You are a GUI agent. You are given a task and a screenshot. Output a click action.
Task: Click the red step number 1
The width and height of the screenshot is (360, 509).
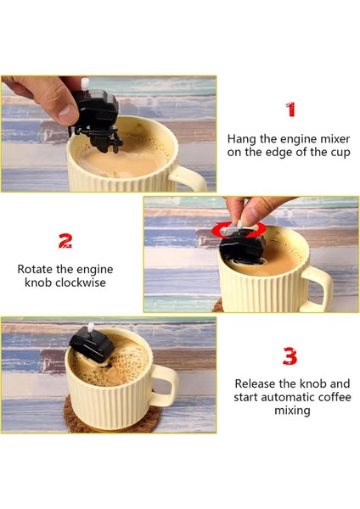291,109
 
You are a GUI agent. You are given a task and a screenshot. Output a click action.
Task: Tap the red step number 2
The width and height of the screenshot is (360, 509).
65,241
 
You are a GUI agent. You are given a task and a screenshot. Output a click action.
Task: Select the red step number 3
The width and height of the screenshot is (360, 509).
290,356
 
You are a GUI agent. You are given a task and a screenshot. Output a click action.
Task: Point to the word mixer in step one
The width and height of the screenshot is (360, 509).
335,139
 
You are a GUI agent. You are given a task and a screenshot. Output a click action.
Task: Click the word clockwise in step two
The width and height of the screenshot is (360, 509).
81,282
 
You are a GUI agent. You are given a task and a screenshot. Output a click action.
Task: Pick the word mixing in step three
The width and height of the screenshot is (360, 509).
292,411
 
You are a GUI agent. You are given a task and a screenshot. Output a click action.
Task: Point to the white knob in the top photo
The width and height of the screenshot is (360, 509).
86,84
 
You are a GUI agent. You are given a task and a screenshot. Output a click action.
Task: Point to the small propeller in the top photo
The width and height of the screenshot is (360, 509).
115,142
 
